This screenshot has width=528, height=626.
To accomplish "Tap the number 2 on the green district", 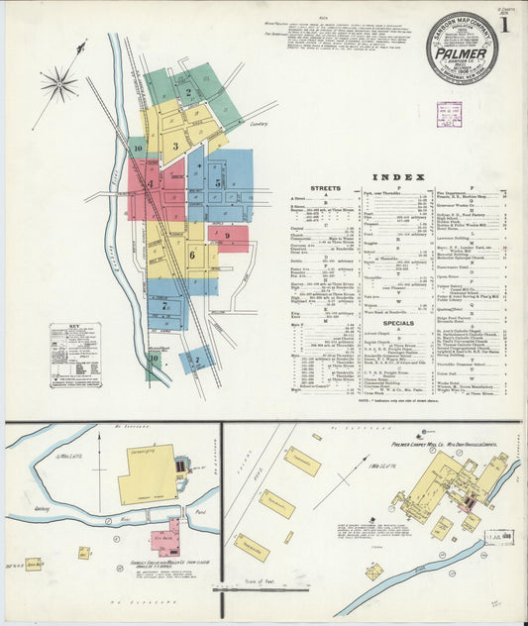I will coord(188,93).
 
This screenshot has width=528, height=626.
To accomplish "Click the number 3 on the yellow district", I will coord(175,147).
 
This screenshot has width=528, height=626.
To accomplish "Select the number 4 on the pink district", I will coord(151,184).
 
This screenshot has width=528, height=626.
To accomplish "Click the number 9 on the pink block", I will coord(227,236).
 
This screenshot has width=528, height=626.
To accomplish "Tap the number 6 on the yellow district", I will coord(191,256).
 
